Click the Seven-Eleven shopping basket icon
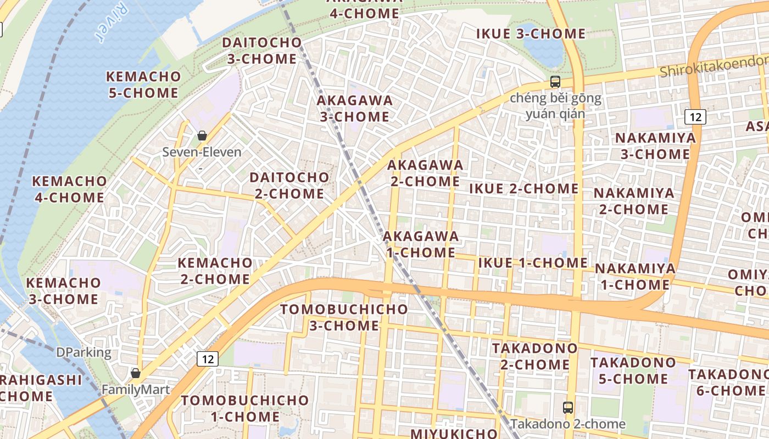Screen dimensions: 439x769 coord(202,136)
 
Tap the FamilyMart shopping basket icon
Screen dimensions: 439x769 coord(136,373)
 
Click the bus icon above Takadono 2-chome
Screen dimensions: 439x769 coord(567,408)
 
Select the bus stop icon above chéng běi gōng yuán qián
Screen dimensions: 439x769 coord(555,82)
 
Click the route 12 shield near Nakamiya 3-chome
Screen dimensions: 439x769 coord(695,116)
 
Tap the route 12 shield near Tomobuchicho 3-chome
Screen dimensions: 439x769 coord(208,359)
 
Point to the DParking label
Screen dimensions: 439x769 coord(83,352)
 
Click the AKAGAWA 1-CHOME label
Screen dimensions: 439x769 coord(421,244)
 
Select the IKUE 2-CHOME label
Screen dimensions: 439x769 coord(523,189)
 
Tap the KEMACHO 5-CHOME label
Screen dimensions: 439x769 coord(143,85)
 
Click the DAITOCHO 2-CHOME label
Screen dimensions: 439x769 coord(289,185)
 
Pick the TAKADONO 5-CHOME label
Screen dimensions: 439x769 coord(633,370)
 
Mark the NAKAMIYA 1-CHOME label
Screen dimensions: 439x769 coord(635,277)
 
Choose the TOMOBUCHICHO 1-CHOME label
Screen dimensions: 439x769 coord(237,408)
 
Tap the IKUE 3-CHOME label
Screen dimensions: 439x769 coord(531,33)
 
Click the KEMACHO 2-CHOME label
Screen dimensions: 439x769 coord(215,271)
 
